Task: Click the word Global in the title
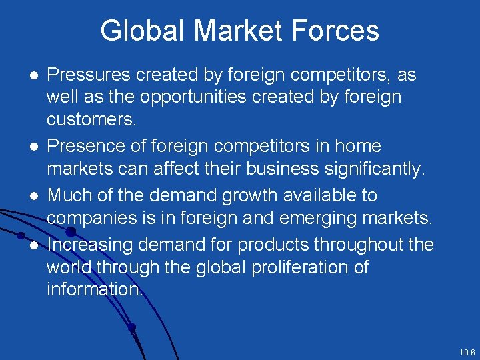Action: (142, 31)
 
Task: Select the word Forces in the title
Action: (339, 31)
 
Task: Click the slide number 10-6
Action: (467, 352)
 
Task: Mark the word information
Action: (94, 290)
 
